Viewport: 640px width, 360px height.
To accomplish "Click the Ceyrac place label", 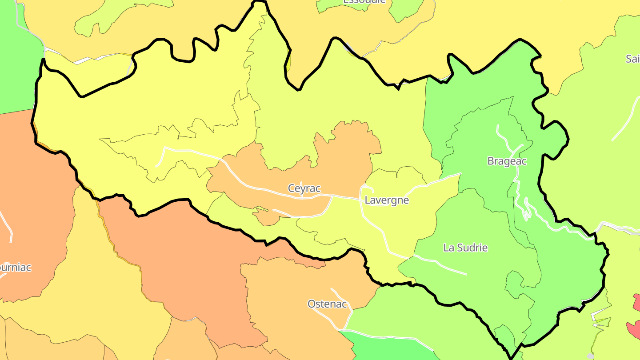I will (304, 188).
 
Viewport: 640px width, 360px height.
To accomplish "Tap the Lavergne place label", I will (386, 200).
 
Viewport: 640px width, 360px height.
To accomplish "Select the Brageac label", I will (507, 161).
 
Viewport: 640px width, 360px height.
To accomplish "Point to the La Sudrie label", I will (465, 248).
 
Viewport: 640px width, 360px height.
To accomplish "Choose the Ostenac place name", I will (327, 304).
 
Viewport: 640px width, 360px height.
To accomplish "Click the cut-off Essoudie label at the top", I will (364, 2).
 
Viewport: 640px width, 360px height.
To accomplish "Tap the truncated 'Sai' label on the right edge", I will (632, 59).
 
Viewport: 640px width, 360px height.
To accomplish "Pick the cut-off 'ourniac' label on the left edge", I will (15, 268).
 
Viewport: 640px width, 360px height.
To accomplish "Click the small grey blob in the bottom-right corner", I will (590, 356).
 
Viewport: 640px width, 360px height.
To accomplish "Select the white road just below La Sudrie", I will (444, 264).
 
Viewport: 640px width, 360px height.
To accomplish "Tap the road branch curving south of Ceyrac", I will (311, 216).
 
